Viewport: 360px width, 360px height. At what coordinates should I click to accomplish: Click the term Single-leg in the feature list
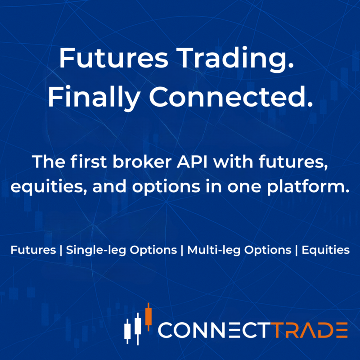(x=92, y=251)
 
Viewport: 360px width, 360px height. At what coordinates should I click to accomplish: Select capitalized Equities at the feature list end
(x=325, y=251)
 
